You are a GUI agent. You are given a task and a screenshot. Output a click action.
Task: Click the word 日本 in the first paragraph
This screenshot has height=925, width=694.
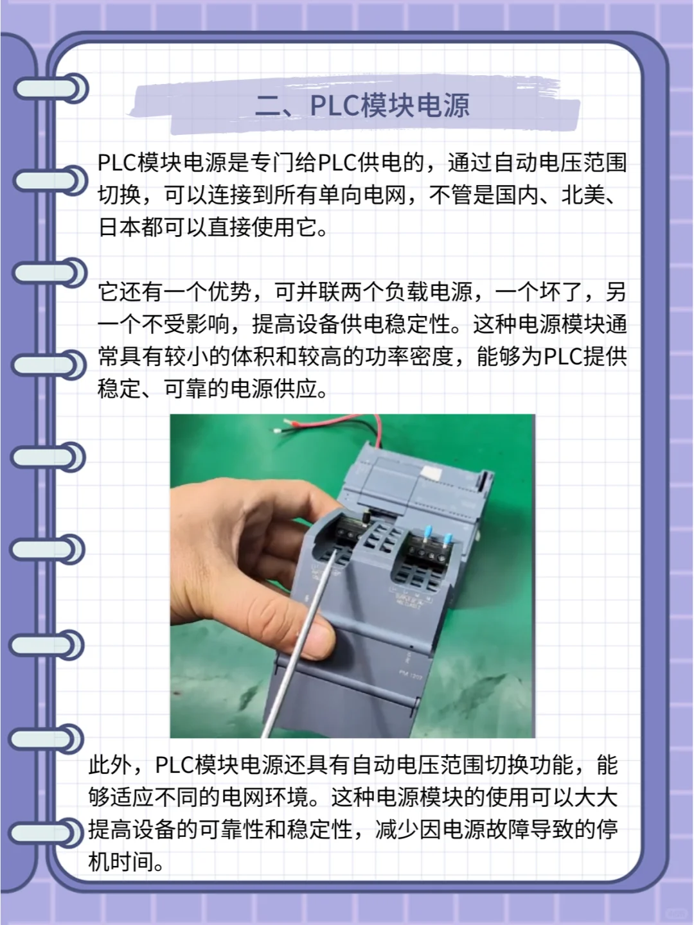click(x=120, y=227)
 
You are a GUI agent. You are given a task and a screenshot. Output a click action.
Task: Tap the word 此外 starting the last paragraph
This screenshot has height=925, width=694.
click(x=110, y=765)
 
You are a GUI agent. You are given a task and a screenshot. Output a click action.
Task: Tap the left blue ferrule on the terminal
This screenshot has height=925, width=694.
click(x=426, y=534)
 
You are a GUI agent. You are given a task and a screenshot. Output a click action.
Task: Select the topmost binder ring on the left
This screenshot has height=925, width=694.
click(x=51, y=89)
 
